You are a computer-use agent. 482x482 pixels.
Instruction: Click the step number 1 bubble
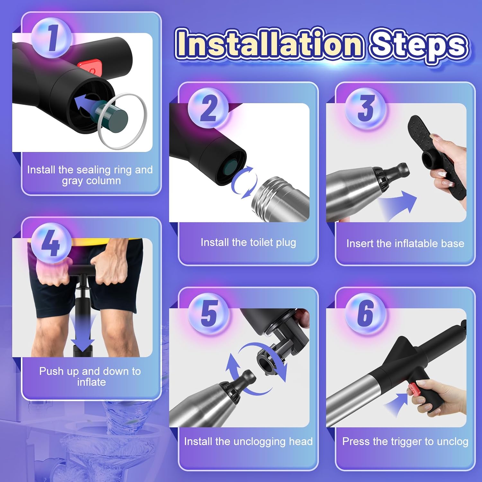pos(51,38)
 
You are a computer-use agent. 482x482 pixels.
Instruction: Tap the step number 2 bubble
pos(208,108)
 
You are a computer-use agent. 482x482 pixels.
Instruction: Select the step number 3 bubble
pos(365,108)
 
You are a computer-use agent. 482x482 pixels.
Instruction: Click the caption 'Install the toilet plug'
pos(248,242)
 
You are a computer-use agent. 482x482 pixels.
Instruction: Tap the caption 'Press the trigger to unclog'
pos(405,442)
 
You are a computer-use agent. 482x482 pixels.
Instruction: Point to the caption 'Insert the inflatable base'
pos(405,244)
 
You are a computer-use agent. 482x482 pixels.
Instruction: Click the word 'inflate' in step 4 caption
pos(91,382)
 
